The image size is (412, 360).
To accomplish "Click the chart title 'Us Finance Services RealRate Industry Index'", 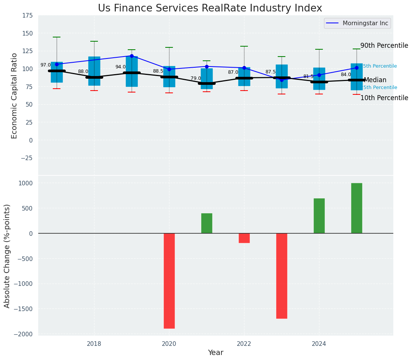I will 210,8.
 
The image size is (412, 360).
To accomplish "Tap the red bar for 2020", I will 169,281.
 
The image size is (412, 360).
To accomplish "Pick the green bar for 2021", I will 207,223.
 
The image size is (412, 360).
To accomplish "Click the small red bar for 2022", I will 244,238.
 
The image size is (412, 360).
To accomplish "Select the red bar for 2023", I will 282,276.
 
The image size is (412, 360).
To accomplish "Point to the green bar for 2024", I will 319,216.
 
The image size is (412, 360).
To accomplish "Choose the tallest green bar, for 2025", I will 357,208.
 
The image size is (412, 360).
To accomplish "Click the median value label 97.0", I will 46,65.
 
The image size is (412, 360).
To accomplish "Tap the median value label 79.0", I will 196,78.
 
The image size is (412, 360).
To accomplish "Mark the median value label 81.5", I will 308,76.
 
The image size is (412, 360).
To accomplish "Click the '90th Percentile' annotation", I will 384,45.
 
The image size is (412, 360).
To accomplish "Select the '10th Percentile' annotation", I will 384,98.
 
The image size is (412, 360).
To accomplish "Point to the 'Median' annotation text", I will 375,80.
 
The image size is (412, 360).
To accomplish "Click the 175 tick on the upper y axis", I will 27,16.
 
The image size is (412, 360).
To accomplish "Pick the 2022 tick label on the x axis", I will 244,344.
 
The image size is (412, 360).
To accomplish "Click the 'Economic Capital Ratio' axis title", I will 15,96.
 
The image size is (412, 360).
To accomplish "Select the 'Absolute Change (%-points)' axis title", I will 7,256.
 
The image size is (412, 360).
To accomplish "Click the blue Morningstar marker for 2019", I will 132,56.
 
